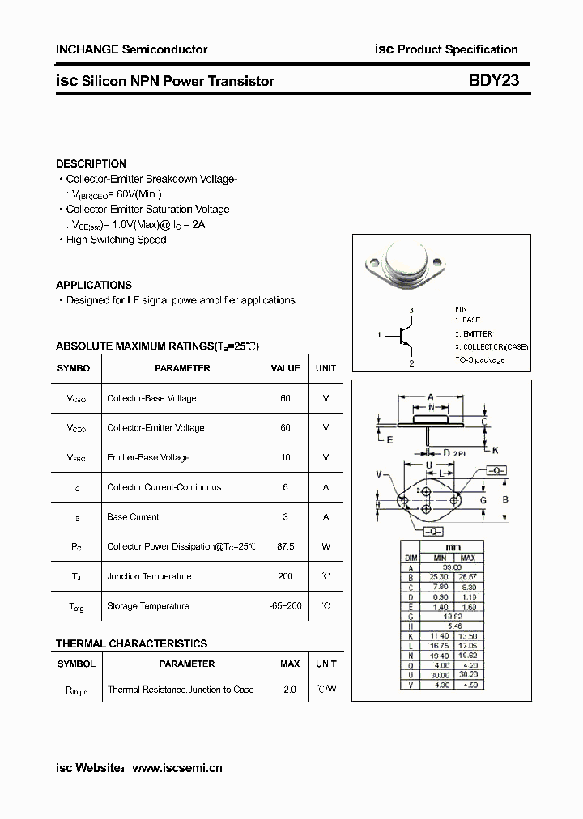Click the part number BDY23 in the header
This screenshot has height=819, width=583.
point(493,81)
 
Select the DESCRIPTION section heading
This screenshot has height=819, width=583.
point(91,163)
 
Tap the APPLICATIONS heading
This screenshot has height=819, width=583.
point(93,285)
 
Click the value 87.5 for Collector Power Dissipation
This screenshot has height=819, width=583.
point(285,546)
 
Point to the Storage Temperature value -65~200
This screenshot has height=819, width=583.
point(285,606)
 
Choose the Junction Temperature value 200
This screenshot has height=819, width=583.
point(285,576)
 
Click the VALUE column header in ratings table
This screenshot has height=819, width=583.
point(285,368)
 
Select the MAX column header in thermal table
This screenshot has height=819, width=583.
point(290,664)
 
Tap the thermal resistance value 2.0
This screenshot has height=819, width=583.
point(290,690)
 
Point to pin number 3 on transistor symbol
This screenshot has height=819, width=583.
point(411,311)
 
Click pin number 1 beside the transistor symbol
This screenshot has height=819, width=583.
point(379,334)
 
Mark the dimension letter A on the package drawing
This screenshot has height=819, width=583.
point(431,397)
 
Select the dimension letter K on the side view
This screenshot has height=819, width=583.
point(496,450)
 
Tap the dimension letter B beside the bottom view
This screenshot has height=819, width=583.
point(505,499)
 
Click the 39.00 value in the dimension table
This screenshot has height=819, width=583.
point(453,568)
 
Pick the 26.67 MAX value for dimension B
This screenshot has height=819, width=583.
point(467,578)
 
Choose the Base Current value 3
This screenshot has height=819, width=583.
point(285,516)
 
